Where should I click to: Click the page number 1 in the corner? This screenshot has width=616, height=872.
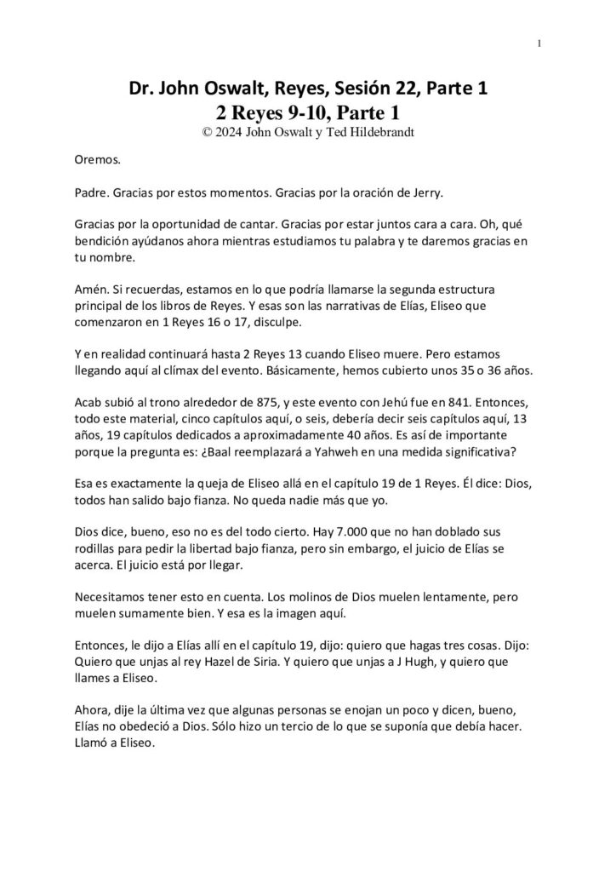(x=540, y=44)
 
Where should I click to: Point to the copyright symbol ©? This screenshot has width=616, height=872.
(x=200, y=130)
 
